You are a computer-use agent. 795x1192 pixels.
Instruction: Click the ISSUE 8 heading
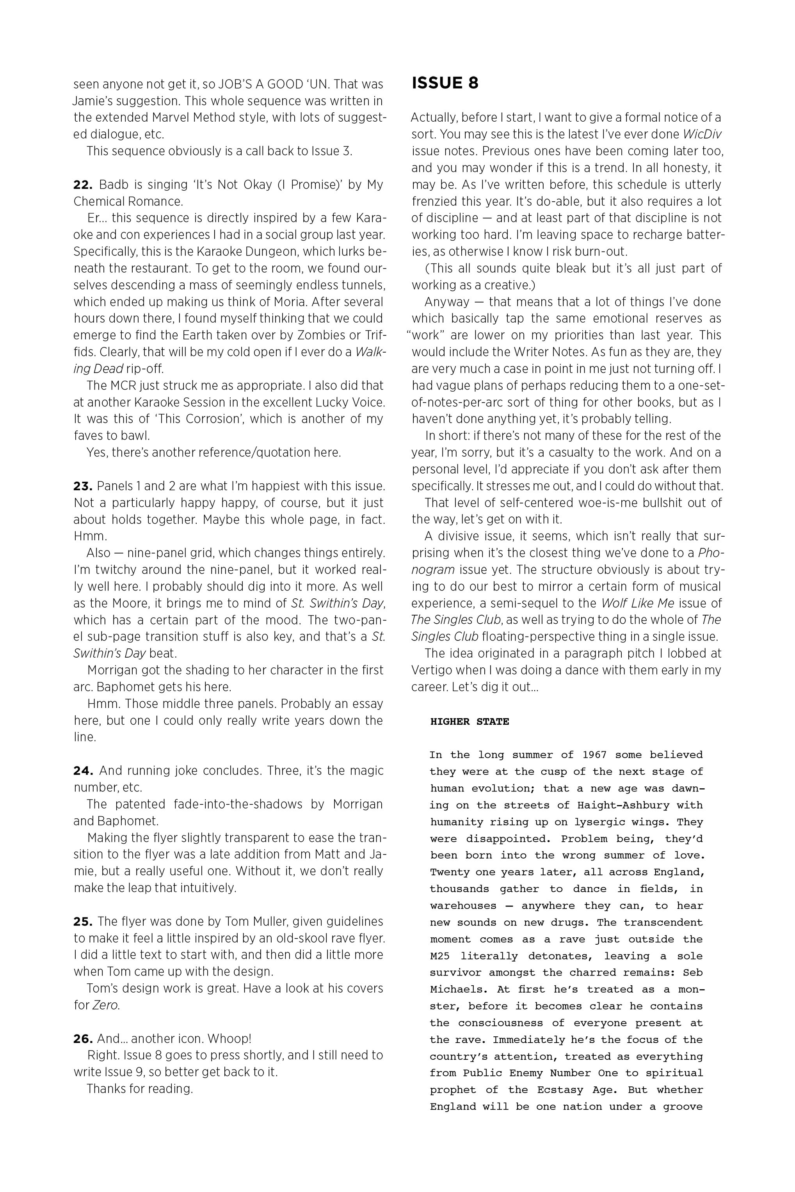pyautogui.click(x=445, y=83)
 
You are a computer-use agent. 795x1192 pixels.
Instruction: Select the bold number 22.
pyautogui.click(x=83, y=185)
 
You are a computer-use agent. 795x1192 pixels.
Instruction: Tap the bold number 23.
pyautogui.click(x=83, y=486)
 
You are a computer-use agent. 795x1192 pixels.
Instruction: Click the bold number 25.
pyautogui.click(x=83, y=921)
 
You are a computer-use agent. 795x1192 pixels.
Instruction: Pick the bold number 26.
pyautogui.click(x=83, y=1038)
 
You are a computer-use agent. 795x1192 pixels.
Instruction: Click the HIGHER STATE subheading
pyautogui.click(x=470, y=721)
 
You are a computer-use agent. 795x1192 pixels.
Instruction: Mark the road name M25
pyautogui.click(x=440, y=956)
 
